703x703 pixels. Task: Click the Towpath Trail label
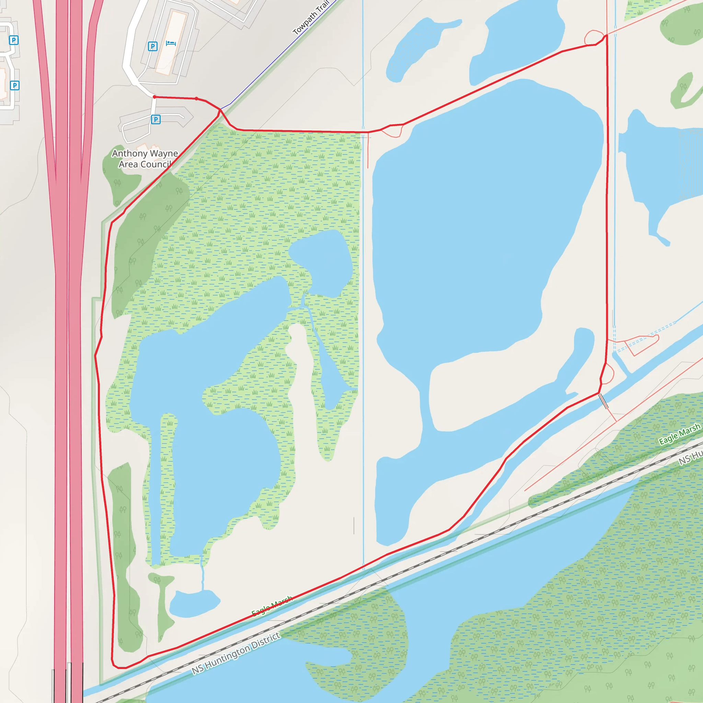(311, 17)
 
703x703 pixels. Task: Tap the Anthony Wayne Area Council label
(145, 159)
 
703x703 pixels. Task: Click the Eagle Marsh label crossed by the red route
(272, 606)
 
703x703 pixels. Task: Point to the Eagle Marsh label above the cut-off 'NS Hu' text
(680, 434)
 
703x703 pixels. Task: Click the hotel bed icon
(171, 43)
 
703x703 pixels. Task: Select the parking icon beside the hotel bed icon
(152, 46)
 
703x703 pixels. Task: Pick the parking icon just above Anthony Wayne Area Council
(156, 119)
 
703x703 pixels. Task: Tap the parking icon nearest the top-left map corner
(13, 40)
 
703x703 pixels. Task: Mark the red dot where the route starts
(155, 97)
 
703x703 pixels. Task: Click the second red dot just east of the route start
(196, 99)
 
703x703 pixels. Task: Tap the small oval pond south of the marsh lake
(194, 604)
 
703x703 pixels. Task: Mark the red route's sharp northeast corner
(606, 36)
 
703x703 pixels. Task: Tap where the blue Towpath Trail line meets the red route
(220, 109)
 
